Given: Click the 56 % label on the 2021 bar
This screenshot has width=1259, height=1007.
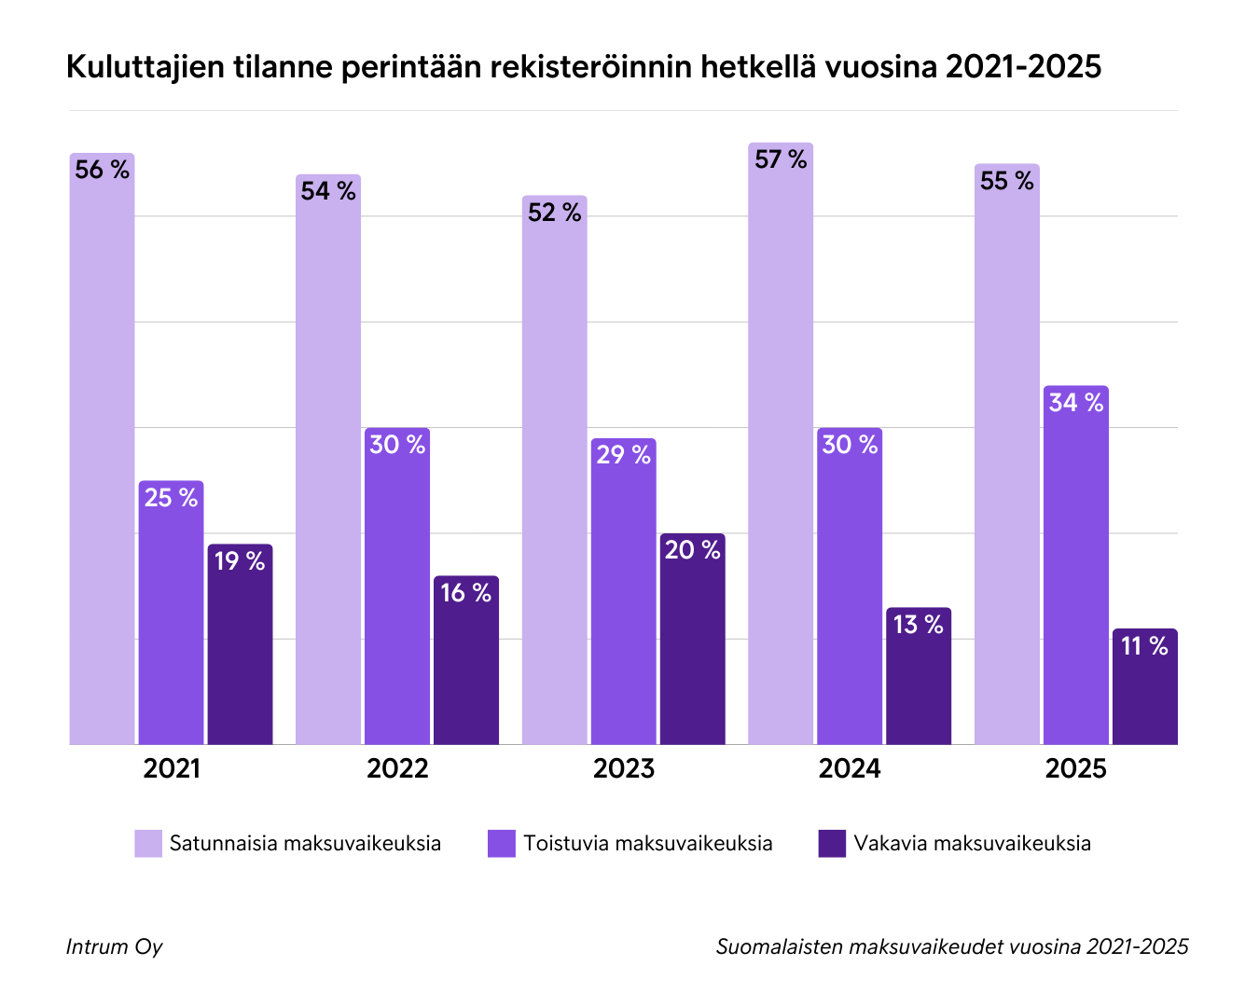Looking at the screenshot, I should click(x=102, y=170).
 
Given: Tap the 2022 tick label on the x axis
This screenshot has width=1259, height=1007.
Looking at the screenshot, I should click(x=397, y=769).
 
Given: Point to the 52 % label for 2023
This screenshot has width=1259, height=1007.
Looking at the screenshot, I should click(x=554, y=213).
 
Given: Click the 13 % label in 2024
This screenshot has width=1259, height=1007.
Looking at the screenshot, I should click(x=918, y=625).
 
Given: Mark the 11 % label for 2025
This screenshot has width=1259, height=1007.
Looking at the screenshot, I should click(x=1144, y=646).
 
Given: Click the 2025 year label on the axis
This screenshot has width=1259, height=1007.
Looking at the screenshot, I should click(x=1075, y=769).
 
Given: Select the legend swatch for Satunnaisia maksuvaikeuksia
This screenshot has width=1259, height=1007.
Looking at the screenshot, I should click(x=148, y=844).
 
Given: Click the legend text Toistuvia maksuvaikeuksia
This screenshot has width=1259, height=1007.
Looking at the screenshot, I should click(x=648, y=844).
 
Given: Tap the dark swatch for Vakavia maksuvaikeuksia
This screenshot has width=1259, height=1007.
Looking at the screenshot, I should click(x=832, y=844).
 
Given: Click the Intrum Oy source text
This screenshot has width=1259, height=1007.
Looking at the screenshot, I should click(x=114, y=947).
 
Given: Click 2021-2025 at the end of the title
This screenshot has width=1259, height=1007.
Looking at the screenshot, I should click(x=1023, y=67).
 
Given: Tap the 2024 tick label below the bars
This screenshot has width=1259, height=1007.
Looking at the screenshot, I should click(x=850, y=769).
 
